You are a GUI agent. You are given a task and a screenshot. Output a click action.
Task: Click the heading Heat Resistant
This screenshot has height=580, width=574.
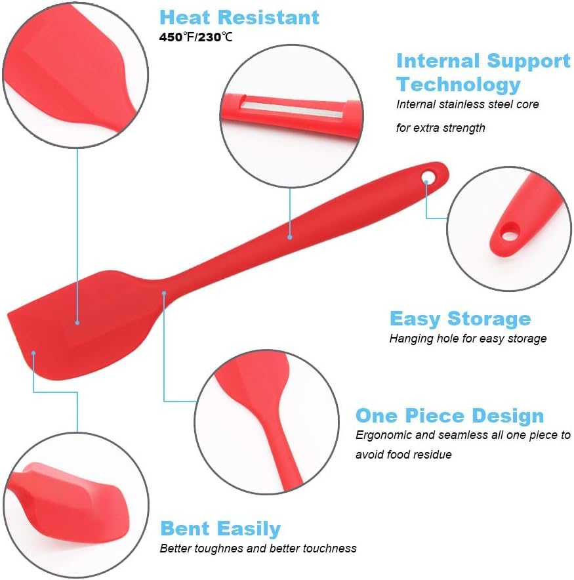(239, 17)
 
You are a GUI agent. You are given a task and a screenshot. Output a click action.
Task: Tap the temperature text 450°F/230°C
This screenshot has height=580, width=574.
(195, 37)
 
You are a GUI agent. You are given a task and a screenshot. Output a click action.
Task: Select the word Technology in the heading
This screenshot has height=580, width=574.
(458, 85)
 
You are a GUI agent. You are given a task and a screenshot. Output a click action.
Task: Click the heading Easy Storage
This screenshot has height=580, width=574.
(460, 319)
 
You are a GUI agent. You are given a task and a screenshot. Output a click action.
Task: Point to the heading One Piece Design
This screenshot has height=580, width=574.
(449, 416)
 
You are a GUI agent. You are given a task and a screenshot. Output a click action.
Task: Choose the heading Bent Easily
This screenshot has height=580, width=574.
(220, 529)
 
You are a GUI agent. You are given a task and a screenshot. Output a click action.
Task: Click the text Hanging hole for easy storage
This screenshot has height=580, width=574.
(468, 339)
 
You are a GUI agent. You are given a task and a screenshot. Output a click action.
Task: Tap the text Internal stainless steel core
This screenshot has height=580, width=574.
(467, 104)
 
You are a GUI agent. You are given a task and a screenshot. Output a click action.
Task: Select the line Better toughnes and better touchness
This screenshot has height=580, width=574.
(258, 548)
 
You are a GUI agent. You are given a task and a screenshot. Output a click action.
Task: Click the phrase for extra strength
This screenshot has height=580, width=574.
(440, 128)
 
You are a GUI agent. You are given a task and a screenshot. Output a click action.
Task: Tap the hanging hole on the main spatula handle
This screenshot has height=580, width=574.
(429, 176)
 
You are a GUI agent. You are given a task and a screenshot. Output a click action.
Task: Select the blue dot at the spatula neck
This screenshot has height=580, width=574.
(164, 293)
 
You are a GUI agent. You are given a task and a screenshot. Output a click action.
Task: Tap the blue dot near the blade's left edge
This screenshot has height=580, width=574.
(33, 353)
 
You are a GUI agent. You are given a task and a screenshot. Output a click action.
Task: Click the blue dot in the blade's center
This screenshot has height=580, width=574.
(77, 322)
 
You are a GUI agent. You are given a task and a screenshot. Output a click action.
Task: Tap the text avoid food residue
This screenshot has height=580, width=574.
(403, 454)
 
